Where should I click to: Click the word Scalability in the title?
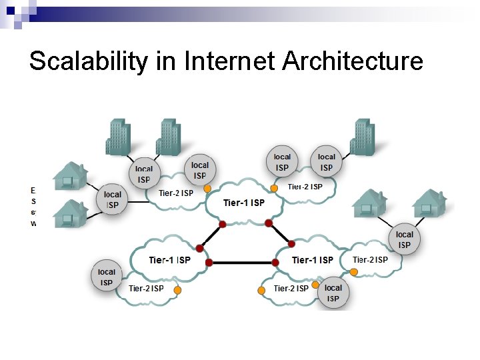[x=87, y=61]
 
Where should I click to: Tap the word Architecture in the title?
[x=353, y=61]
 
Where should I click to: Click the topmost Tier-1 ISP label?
[x=244, y=203]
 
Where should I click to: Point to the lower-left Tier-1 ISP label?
[x=169, y=259]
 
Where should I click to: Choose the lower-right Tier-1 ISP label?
[x=312, y=259]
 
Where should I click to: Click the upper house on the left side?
[x=70, y=176]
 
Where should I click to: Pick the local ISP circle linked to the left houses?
[x=113, y=199]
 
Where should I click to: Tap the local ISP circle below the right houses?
[x=405, y=239]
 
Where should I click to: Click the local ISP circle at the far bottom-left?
[x=107, y=277]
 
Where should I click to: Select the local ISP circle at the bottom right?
[x=333, y=293]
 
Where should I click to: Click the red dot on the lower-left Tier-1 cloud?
[x=209, y=263]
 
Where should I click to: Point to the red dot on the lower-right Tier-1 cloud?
[x=277, y=263]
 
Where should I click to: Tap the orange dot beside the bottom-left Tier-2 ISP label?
[x=178, y=290]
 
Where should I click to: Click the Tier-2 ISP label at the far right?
[x=370, y=259]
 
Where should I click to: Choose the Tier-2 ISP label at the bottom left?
[x=146, y=288]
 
